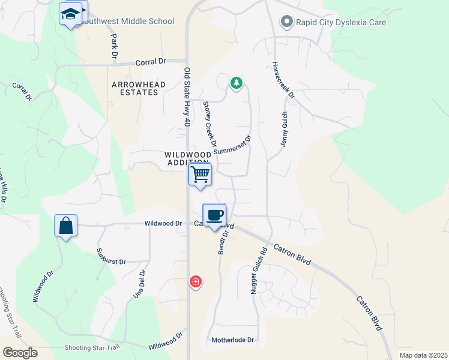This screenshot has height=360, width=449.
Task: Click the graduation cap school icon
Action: point(71,13)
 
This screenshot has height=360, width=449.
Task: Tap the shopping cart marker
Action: point(200,175)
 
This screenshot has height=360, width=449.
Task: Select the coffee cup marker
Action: point(214,215)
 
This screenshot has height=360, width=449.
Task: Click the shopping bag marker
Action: point(65,226)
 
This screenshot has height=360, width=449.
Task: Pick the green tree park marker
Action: point(237,83)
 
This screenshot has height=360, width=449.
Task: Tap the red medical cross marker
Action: point(195,281)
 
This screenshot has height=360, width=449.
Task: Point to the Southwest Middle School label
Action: point(127,22)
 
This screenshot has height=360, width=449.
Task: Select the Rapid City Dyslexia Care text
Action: point(341,22)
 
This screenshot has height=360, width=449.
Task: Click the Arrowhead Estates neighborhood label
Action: point(139,89)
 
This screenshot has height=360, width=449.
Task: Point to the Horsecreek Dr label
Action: point(283,80)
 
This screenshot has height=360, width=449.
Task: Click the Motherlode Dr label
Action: point(233,340)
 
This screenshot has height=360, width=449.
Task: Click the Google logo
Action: point(20,353)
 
